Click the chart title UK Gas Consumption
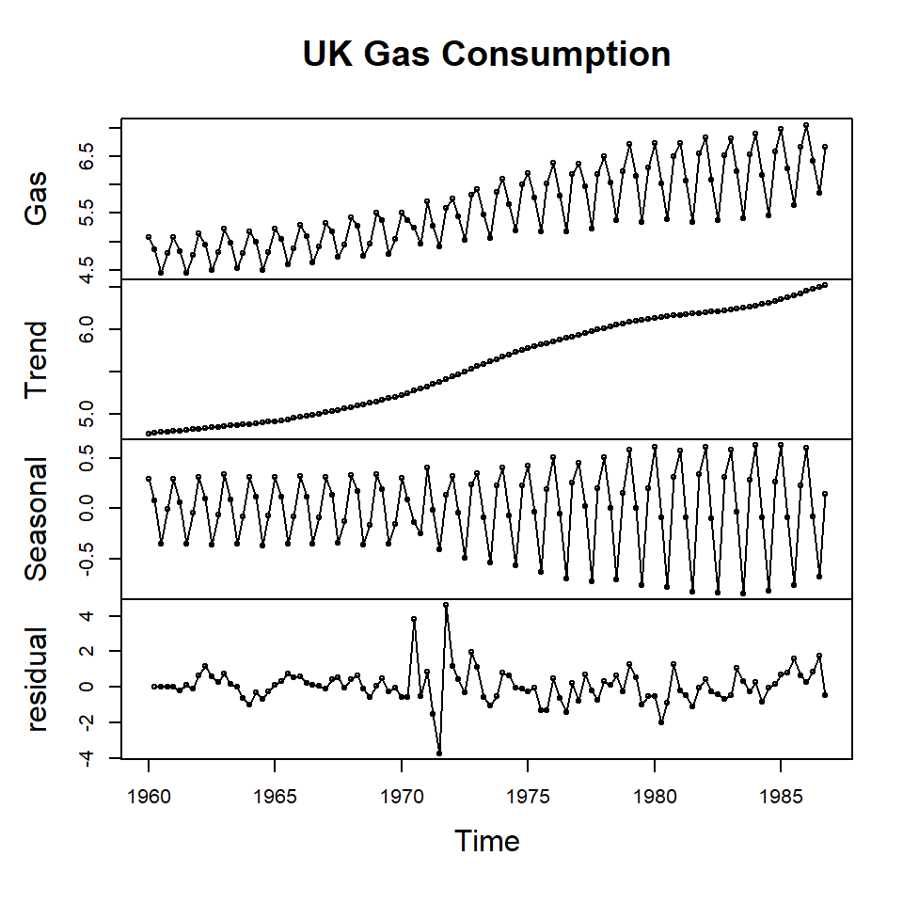pos(486,55)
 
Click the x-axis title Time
pos(486,840)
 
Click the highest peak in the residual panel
pos(446,605)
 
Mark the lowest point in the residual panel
pos(439,753)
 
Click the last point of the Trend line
pos(825,284)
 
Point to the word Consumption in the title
pos(557,55)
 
